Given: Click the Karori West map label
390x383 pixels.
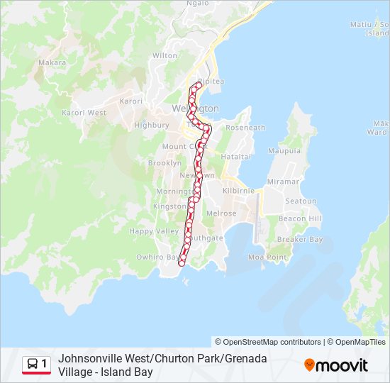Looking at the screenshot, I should [84, 113].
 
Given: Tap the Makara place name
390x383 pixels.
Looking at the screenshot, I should [52, 63].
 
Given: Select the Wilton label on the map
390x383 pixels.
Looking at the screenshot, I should [165, 55].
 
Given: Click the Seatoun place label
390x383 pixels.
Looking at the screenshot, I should [301, 201].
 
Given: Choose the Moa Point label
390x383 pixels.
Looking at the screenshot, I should [267, 257].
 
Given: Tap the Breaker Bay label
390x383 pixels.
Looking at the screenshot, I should [300, 240].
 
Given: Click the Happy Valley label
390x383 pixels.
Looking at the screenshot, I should [154, 231].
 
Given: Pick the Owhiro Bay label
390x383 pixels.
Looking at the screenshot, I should [156, 257].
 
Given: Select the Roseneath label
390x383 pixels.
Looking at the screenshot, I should [245, 128].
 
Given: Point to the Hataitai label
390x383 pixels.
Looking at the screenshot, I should [236, 156].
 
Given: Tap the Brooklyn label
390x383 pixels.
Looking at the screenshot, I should [165, 163].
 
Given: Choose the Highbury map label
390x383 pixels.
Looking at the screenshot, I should [152, 125].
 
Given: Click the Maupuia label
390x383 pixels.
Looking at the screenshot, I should [284, 151].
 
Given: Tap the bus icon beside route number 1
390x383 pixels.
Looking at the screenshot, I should [33, 365].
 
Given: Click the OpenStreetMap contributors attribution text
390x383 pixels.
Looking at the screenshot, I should [268, 342].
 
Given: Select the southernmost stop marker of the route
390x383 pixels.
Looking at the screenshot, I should [182, 264].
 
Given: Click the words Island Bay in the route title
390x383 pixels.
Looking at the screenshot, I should [128, 372].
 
